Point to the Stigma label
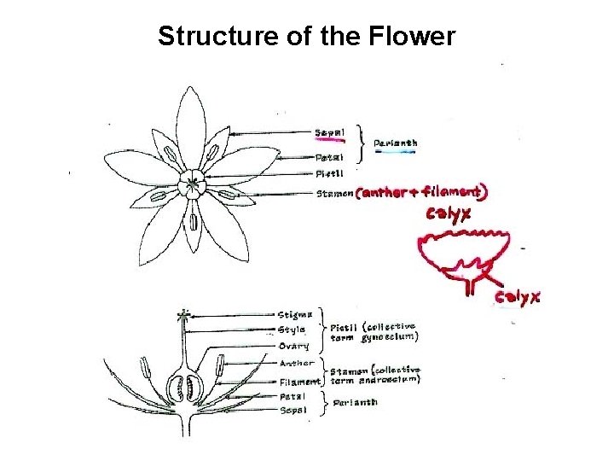[x=296, y=314]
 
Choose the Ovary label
[x=294, y=346]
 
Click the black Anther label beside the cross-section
[x=297, y=363]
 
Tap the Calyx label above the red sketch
[x=449, y=213]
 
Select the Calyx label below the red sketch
[x=518, y=297]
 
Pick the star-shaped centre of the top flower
[x=194, y=184]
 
